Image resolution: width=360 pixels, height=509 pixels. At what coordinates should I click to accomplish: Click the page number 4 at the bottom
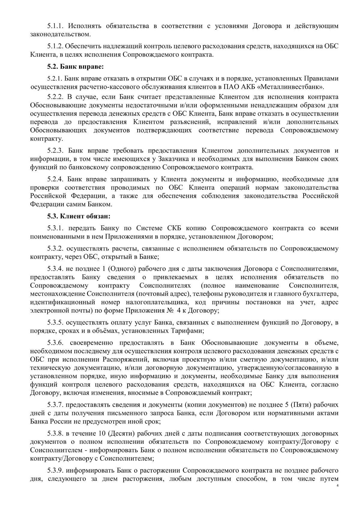pos(337,486)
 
